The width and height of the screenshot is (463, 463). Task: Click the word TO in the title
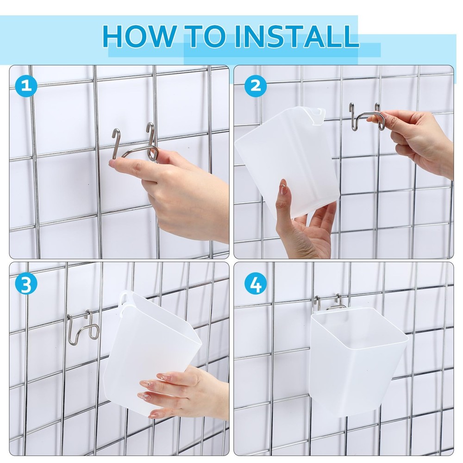tap(206, 36)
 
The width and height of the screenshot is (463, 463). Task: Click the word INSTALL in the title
tap(296, 36)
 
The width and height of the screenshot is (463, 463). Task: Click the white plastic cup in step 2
tap(287, 157)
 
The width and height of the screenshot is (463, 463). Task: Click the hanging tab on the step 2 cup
tap(318, 114)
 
